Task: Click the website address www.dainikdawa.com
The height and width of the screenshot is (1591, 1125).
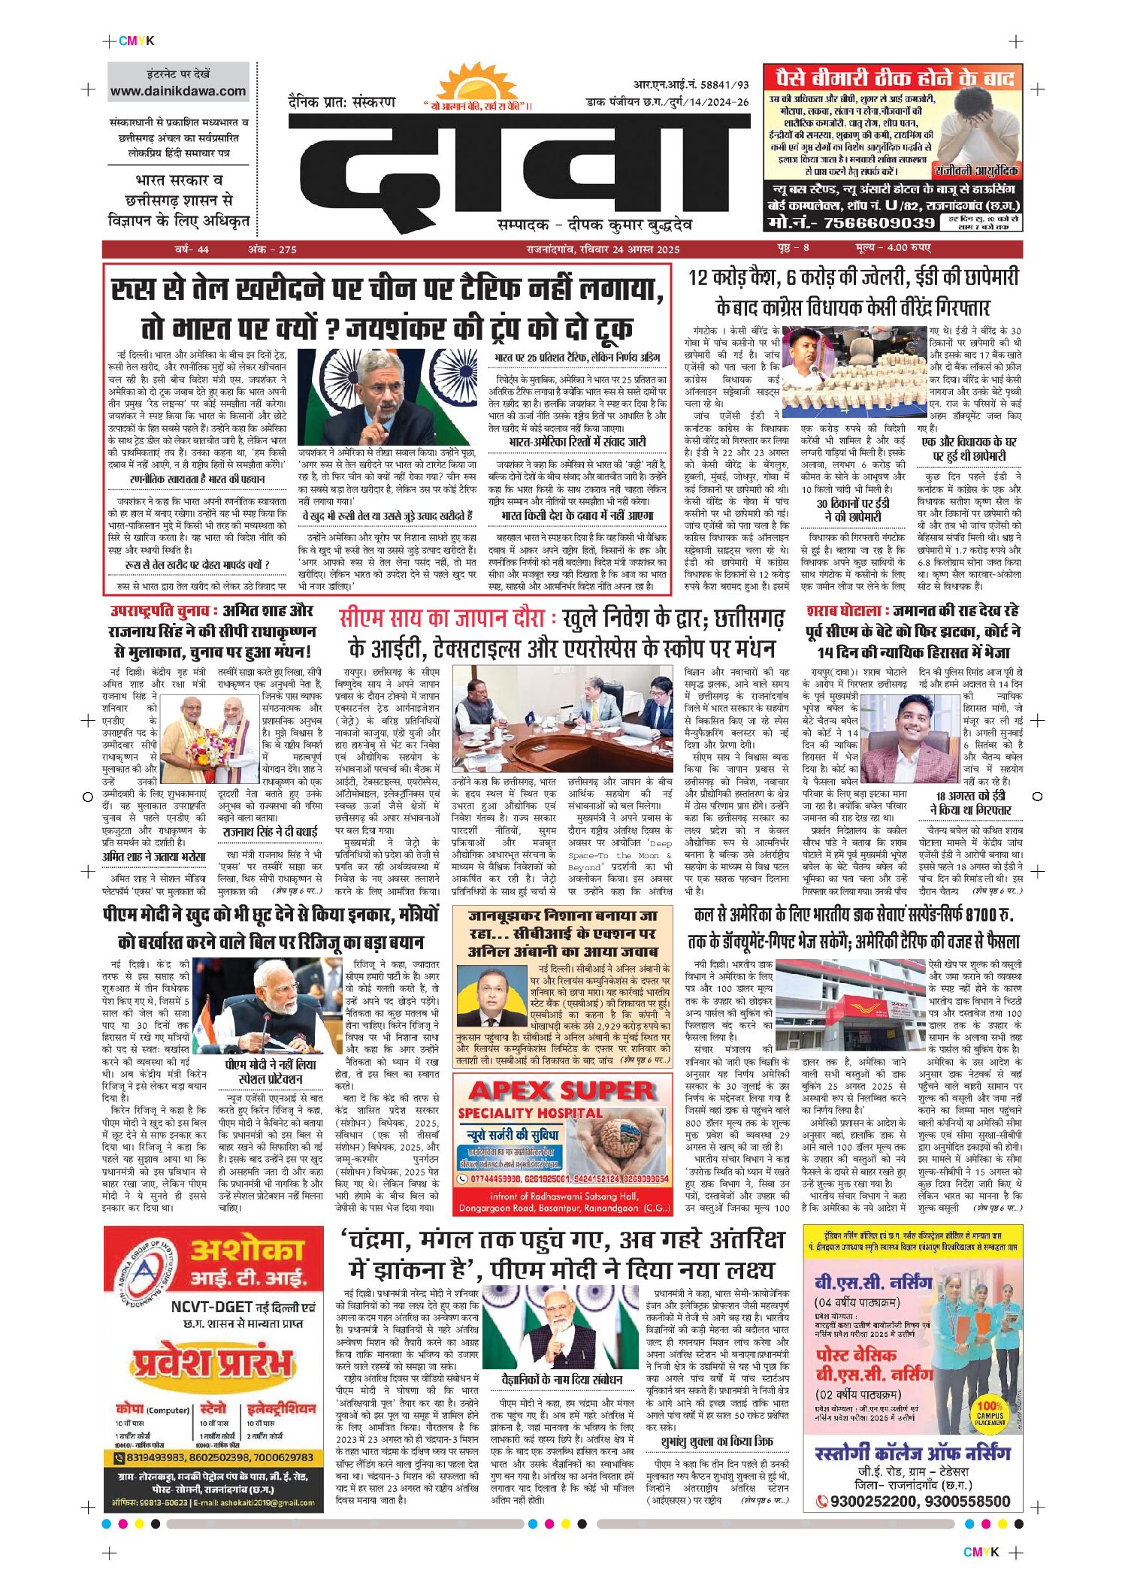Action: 178,92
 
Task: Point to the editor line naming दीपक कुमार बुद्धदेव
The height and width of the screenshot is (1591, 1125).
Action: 594,225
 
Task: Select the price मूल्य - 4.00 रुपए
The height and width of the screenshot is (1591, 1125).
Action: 893,248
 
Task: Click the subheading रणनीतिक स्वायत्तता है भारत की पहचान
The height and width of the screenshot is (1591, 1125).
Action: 197,479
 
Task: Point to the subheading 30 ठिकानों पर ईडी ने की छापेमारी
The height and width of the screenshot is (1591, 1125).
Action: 853,510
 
